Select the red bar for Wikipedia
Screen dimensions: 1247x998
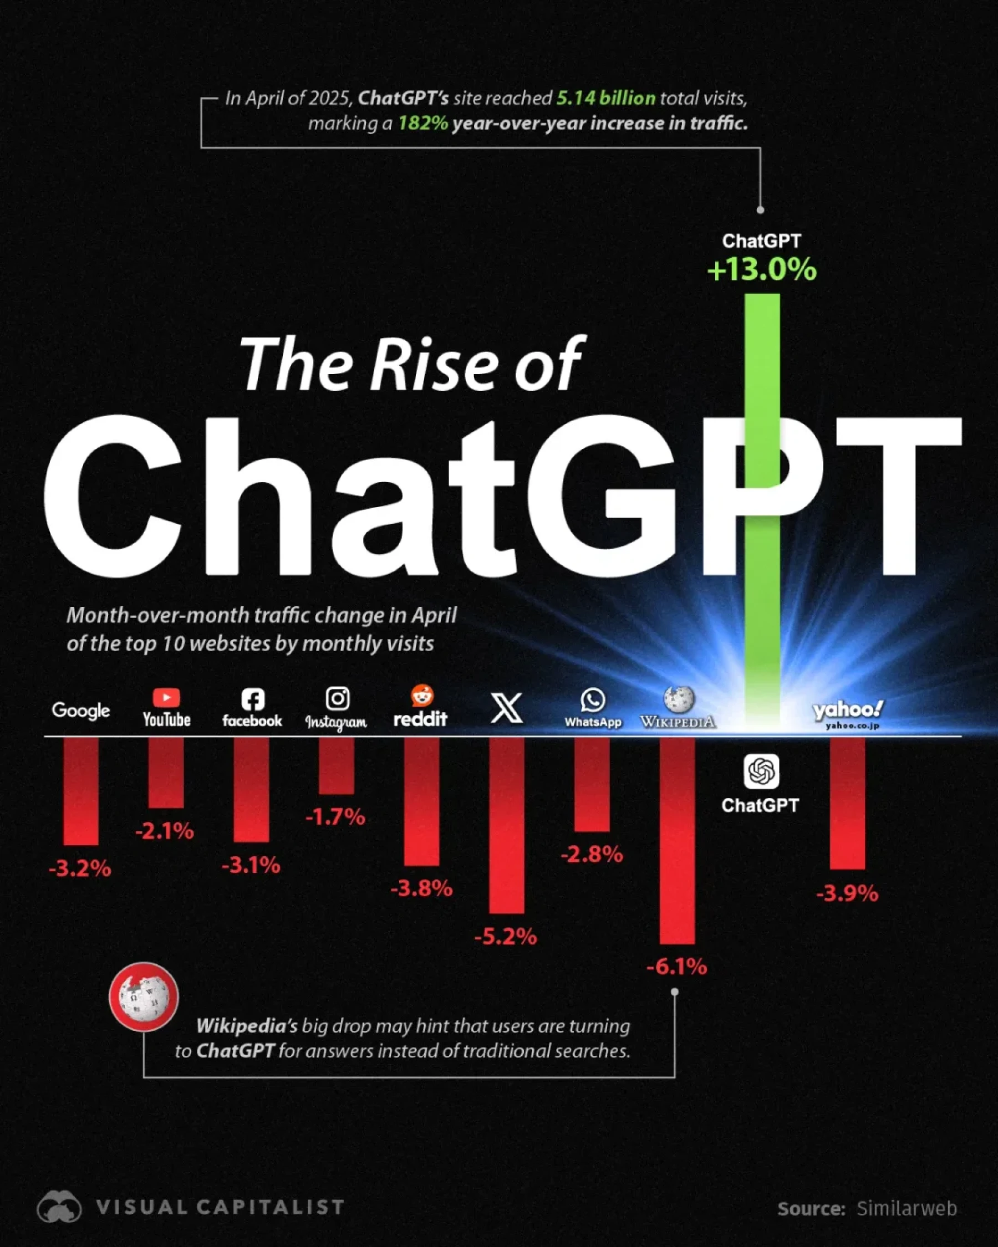coord(677,839)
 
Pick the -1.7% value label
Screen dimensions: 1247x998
coord(335,817)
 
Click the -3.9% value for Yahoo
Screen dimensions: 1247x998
coord(847,893)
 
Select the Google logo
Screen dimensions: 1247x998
coord(80,711)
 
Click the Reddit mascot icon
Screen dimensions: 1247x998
coord(422,696)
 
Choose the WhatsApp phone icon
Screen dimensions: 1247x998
coord(593,700)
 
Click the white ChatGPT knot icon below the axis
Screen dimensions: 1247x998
coord(761,771)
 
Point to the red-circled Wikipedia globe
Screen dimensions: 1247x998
coord(144,996)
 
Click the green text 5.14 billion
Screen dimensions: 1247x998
coord(606,98)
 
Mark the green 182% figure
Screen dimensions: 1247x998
coord(423,123)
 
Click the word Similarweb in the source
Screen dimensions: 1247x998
coord(907,1208)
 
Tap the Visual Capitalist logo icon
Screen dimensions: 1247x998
coord(59,1207)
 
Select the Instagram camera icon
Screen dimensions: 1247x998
coord(337,698)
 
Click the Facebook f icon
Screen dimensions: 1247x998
coord(252,699)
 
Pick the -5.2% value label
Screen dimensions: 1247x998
coord(506,937)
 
